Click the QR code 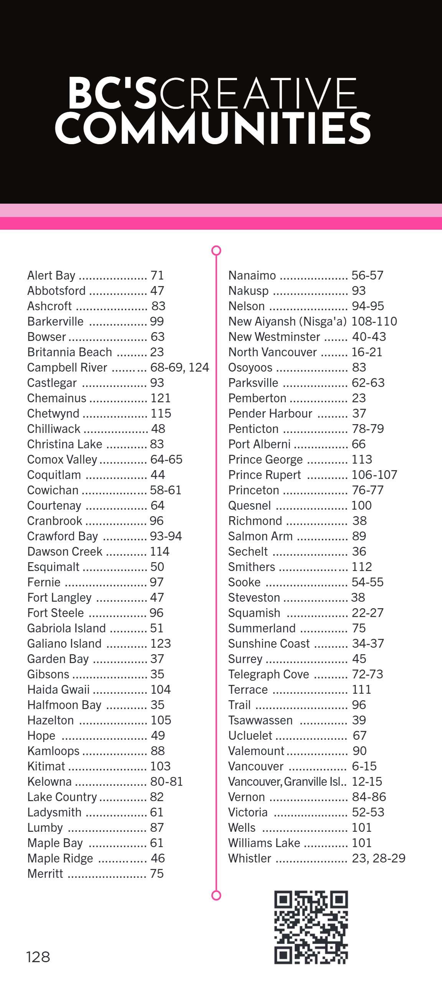(311, 927)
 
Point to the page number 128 (38, 957)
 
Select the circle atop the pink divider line (216, 251)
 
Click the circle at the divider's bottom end (216, 895)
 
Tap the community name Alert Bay (51, 275)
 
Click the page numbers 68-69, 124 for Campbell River (180, 367)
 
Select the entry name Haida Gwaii (58, 690)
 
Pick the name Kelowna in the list (49, 782)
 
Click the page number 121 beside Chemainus (161, 398)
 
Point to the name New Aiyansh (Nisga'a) (288, 321)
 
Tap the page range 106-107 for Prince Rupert (374, 475)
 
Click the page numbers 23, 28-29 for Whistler (379, 858)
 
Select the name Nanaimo (252, 275)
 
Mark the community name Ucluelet (250, 736)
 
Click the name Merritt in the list (45, 874)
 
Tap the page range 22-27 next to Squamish (368, 613)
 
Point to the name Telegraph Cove (269, 674)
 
